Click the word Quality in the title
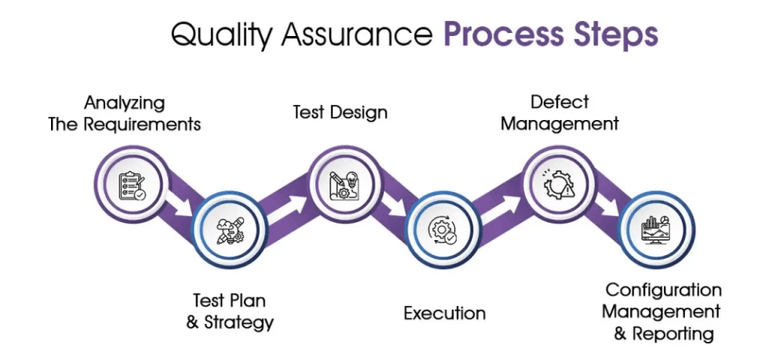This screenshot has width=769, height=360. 217,35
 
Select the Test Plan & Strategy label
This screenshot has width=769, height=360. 230,311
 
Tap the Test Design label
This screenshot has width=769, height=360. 340,112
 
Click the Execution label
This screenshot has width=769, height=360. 444,314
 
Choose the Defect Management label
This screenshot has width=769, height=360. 559,112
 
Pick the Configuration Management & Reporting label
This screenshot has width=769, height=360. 663,311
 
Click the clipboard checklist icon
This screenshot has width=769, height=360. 130,186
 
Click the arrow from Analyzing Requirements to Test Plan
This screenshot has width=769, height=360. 181,205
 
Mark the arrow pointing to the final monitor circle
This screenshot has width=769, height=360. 607,206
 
